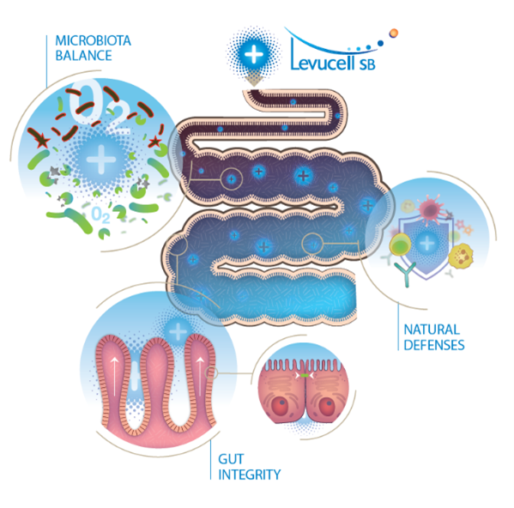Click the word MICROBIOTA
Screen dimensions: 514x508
coord(93,40)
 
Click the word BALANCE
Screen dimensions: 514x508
coord(83,56)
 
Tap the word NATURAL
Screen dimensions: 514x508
coord(432,330)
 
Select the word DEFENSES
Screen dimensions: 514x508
coord(434,345)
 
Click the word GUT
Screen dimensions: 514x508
coord(231,459)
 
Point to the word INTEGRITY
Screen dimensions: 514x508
coord(250,475)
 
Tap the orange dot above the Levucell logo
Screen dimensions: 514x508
coord(394,33)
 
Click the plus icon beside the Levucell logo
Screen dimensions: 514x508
coord(254,54)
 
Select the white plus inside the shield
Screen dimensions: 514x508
coord(427,243)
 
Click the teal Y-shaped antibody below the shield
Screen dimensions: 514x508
coord(406,274)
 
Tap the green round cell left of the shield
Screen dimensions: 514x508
coord(400,245)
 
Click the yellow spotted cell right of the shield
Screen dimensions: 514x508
coord(461,255)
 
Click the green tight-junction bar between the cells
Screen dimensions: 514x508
coord(305,375)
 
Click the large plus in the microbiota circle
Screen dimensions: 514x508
coord(101,160)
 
